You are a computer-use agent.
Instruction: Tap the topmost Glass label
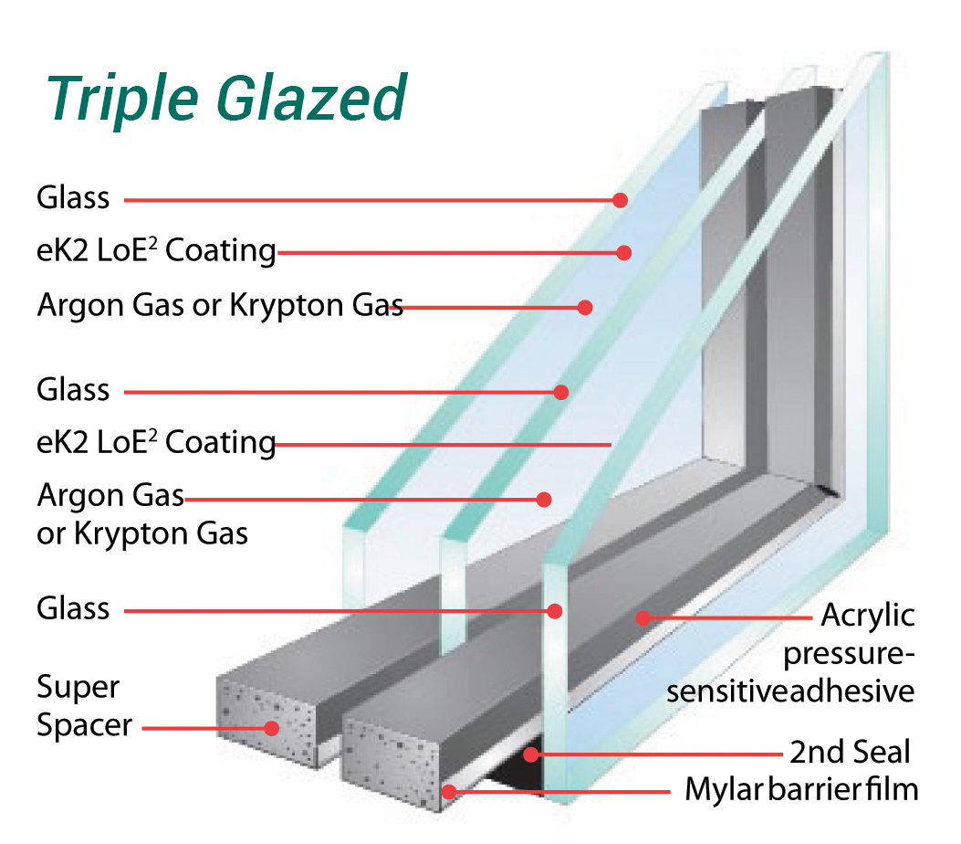(x=73, y=198)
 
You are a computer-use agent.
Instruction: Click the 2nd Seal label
(x=850, y=753)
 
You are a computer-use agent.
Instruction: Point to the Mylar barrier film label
(x=801, y=790)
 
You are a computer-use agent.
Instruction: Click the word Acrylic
(x=868, y=616)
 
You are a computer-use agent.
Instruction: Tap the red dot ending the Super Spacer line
(x=271, y=728)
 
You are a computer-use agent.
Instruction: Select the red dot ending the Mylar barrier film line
(x=448, y=791)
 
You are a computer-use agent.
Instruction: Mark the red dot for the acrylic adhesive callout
(x=643, y=617)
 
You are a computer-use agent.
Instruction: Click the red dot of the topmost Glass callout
(x=621, y=199)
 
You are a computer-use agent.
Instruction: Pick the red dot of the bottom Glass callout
(x=554, y=610)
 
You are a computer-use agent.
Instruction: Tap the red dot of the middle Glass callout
(x=561, y=393)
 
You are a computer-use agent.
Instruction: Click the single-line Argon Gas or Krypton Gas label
(x=219, y=306)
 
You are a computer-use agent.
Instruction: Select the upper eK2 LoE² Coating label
(x=156, y=250)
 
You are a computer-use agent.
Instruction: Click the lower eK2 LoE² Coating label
(x=156, y=443)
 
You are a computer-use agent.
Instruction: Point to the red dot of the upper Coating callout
(x=624, y=252)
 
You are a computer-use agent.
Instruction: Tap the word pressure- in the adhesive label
(x=848, y=654)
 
